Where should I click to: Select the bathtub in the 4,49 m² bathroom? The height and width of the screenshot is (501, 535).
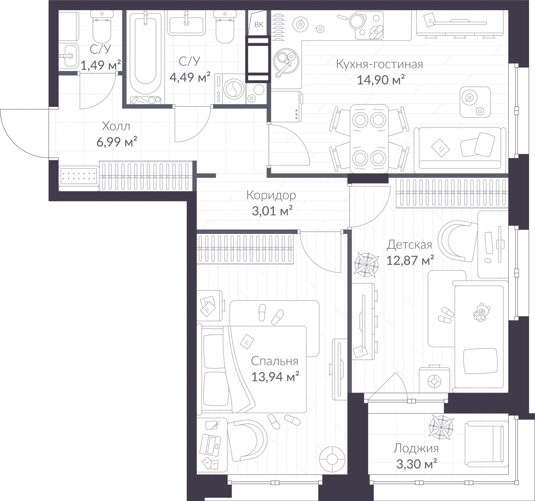click(x=145, y=53)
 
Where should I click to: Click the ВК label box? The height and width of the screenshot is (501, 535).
click(x=259, y=24)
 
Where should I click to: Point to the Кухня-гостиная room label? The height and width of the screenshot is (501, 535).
click(x=380, y=64)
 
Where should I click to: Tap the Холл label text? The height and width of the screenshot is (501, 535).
click(x=116, y=126)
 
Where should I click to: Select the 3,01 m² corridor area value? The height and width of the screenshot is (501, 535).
click(x=272, y=211)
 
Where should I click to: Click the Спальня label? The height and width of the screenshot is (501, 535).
click(x=275, y=361)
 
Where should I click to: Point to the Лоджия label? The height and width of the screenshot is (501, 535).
click(x=416, y=448)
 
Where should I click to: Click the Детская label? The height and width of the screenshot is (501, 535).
click(x=409, y=245)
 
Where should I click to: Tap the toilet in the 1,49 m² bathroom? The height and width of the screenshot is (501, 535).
click(x=101, y=27)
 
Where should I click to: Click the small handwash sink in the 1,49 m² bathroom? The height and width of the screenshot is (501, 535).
click(x=69, y=55)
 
